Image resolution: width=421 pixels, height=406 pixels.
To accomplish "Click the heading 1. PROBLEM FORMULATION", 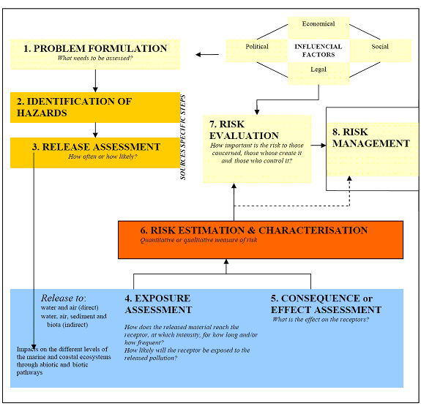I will (x=96, y=49).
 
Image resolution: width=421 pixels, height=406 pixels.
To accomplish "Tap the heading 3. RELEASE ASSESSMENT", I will (x=96, y=147).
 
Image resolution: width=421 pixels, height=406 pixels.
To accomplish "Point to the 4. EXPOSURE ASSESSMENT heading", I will (x=157, y=304).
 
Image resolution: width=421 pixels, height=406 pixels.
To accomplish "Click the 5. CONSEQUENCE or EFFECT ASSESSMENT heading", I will (x=327, y=304).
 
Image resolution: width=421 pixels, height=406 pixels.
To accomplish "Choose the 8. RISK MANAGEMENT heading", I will (x=371, y=138).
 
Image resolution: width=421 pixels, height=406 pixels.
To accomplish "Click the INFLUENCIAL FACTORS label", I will (x=318, y=50).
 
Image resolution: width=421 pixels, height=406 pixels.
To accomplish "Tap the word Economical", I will (x=318, y=24).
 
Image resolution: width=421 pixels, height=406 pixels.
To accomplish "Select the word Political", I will (x=256, y=47).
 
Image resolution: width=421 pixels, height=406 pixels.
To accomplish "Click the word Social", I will (x=380, y=47).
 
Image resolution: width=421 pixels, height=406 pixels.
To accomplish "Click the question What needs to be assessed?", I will (x=95, y=59).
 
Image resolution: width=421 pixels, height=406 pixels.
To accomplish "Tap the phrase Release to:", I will (x=63, y=298).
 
